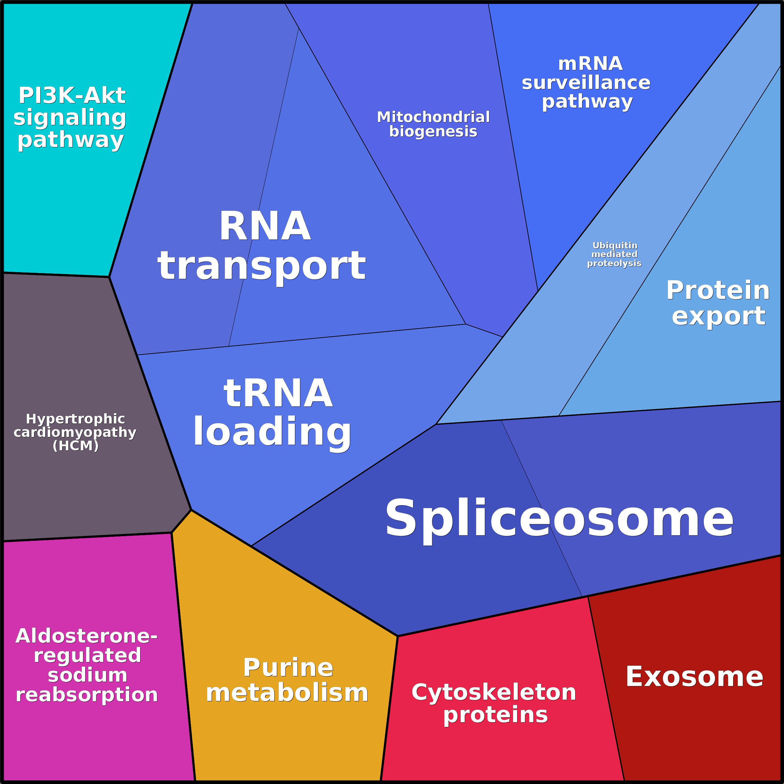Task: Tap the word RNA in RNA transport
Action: (x=265, y=227)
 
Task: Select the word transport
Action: (x=262, y=266)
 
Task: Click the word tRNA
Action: (x=278, y=393)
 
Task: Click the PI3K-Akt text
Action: (x=72, y=96)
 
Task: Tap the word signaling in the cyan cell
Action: (x=70, y=118)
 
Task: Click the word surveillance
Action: (x=586, y=83)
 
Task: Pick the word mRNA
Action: (x=590, y=64)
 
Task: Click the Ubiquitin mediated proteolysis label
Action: (x=615, y=254)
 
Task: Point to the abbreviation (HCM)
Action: (x=76, y=446)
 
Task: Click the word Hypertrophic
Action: (x=76, y=419)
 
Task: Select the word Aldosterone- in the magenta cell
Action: (x=86, y=636)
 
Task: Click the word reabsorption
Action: (x=87, y=694)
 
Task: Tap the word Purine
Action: (x=288, y=668)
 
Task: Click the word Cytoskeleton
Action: (x=494, y=692)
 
